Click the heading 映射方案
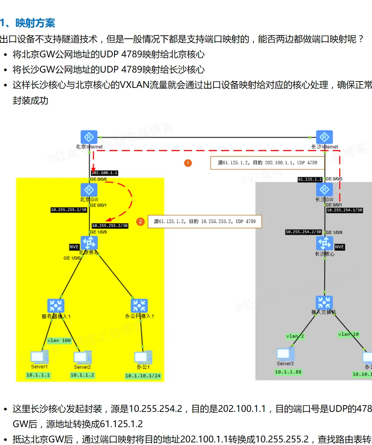(35, 23)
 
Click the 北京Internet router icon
(89, 137)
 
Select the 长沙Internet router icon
(324, 137)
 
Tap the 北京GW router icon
(89, 190)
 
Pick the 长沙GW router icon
(324, 190)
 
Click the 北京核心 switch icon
(89, 243)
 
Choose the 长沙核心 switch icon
(324, 244)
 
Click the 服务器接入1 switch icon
(56, 306)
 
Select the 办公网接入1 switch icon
(139, 306)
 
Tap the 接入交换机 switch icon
(324, 303)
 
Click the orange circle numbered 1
(188, 163)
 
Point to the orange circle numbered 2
(140, 222)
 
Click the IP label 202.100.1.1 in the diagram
(105, 173)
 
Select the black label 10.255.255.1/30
(69, 210)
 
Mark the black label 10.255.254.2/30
(303, 232)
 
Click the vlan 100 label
(59, 340)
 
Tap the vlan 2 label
(295, 336)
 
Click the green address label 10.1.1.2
(82, 375)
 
